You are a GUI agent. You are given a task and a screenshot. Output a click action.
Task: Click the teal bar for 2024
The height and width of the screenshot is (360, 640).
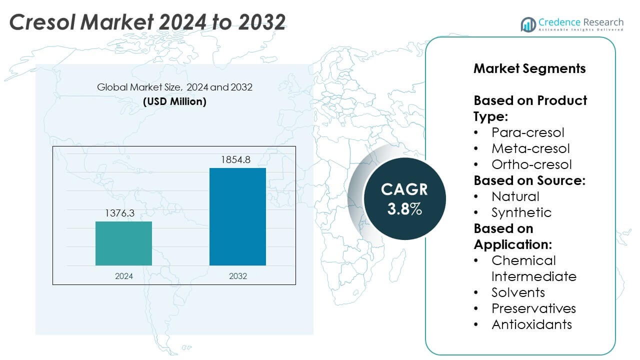(123, 243)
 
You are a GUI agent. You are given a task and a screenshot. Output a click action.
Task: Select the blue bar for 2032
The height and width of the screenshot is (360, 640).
(237, 216)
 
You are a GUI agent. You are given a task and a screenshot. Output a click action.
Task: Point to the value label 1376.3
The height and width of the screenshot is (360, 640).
(119, 213)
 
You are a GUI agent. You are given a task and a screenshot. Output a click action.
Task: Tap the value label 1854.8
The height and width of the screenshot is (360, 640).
(235, 160)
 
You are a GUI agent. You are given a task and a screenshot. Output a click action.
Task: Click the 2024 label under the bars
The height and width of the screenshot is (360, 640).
(123, 276)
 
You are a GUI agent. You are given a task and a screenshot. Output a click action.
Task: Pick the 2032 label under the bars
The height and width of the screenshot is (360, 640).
(237, 276)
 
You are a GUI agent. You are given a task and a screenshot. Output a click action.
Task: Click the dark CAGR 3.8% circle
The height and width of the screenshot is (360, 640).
(404, 198)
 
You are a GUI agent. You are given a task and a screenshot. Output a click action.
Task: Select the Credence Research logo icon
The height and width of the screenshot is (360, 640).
(528, 24)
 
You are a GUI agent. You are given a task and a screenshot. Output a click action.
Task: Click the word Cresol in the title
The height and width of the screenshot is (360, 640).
(44, 22)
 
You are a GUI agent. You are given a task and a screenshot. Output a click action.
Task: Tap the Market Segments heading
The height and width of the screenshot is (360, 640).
(529, 68)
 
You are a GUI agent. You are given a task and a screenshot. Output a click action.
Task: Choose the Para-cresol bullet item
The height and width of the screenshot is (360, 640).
(527, 132)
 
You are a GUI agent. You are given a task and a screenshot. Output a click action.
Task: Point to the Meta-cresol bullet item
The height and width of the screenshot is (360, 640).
(530, 148)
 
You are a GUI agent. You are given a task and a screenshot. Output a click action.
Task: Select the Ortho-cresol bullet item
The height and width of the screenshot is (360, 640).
(531, 164)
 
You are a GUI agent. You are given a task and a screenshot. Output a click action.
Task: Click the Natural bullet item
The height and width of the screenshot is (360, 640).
(515, 196)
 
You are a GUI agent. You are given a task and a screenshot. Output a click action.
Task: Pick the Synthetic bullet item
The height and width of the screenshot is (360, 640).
(521, 212)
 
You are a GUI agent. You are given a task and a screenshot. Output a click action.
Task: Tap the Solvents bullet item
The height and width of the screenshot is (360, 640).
(518, 292)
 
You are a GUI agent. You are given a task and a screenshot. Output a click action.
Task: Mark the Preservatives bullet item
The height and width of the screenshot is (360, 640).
(533, 308)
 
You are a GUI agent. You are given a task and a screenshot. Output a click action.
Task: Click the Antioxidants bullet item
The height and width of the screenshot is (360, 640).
(531, 324)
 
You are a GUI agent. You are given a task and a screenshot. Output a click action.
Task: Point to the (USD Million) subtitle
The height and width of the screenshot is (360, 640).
(174, 101)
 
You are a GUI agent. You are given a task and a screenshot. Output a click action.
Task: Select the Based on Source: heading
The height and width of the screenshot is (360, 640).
(529, 180)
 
